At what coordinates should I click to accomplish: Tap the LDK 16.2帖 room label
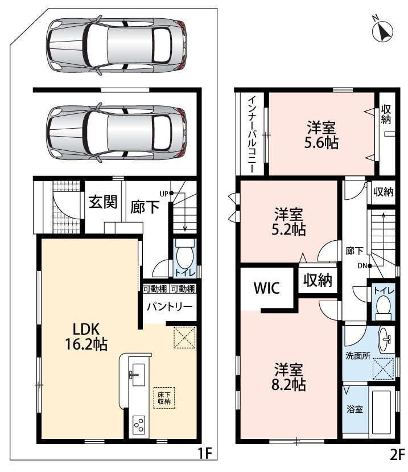pos(86,336)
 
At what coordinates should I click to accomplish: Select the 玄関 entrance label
pos(103,202)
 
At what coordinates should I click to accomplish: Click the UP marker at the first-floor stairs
pos(166,194)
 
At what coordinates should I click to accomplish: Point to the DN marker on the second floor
pos(365,266)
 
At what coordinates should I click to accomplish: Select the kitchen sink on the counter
pos(138,375)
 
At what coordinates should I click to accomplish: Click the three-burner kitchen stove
pos(139,425)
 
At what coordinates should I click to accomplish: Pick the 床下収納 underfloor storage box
pos(164,397)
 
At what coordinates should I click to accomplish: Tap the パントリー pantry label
pos(170,307)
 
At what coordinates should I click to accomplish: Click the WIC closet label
pos(266,288)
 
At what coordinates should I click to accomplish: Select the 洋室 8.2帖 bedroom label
pos(289,376)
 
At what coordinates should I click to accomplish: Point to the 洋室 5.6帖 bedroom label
pos(322,135)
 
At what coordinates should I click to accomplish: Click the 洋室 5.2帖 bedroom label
pos(289,221)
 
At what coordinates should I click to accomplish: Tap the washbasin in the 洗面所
pos(384,339)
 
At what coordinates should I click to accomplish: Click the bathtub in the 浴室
pos(381,411)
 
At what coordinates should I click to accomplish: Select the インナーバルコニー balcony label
pos(252,134)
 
